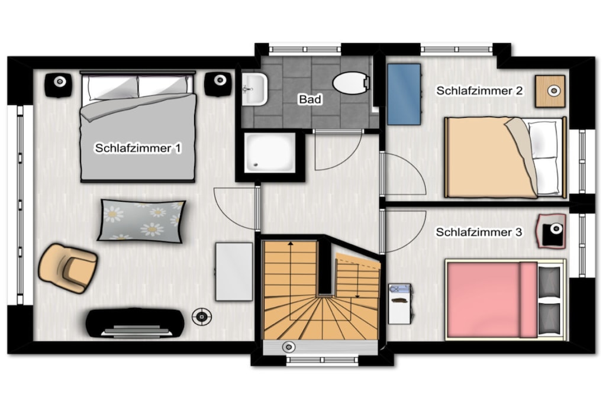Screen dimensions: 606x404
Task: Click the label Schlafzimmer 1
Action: (x=138, y=148)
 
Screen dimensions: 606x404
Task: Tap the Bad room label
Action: (x=310, y=99)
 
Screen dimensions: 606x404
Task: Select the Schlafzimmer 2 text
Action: (x=479, y=91)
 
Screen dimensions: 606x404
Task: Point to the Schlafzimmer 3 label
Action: (x=479, y=232)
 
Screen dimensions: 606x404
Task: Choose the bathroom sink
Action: (x=254, y=89)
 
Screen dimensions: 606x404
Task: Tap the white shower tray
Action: (x=270, y=153)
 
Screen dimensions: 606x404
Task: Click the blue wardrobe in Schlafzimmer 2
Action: (x=404, y=94)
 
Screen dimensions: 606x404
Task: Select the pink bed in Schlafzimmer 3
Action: (x=505, y=300)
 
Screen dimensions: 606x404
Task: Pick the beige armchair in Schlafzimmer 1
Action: (x=67, y=268)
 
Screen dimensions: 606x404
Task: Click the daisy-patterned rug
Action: (x=141, y=221)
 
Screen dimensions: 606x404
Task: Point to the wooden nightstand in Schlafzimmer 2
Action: (x=550, y=91)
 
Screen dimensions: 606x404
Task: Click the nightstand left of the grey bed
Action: (x=59, y=85)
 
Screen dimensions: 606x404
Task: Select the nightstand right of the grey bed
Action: (x=218, y=84)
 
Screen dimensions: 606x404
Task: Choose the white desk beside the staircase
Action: (x=234, y=272)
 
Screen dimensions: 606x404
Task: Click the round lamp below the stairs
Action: (x=288, y=347)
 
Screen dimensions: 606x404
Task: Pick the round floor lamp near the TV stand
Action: (x=202, y=316)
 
